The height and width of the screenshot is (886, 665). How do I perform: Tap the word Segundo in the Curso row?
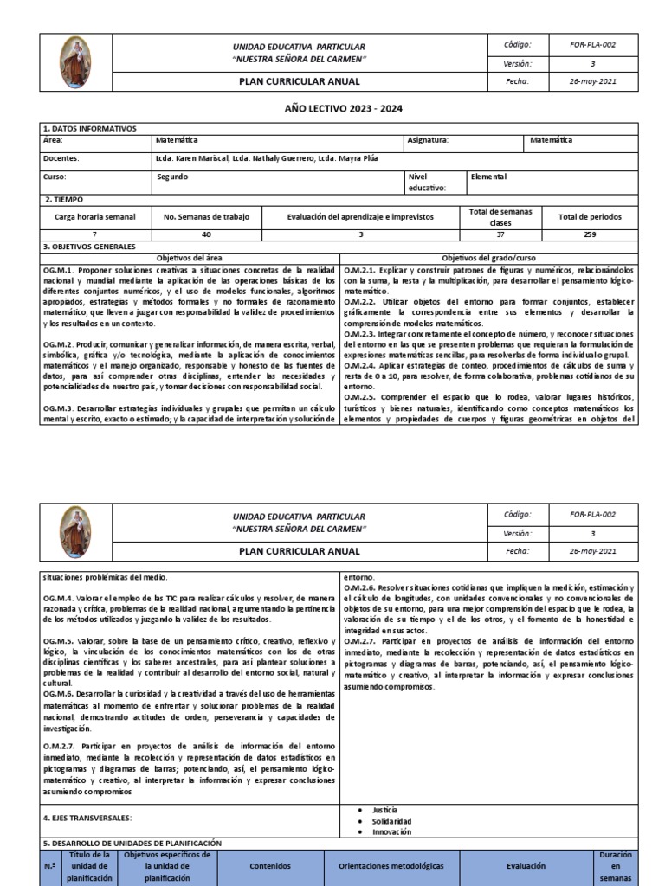[x=171, y=177]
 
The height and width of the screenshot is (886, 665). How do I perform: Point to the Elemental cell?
[x=489, y=177]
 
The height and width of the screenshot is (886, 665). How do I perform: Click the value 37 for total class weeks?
[x=501, y=234]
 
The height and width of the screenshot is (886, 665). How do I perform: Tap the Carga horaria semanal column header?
[x=95, y=217]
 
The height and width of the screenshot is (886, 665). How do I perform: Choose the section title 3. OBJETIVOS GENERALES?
[x=90, y=247]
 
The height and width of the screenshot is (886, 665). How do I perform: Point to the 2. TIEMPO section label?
[x=62, y=198]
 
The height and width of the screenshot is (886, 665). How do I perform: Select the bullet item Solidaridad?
[x=391, y=820]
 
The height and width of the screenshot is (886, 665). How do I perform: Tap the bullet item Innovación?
[x=391, y=831]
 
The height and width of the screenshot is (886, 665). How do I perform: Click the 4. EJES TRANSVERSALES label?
[x=88, y=818]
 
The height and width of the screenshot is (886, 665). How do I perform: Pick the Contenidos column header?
[x=270, y=864]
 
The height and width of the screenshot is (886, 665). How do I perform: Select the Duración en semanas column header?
[x=616, y=864]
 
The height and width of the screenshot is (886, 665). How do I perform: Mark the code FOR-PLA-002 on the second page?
[x=592, y=514]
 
